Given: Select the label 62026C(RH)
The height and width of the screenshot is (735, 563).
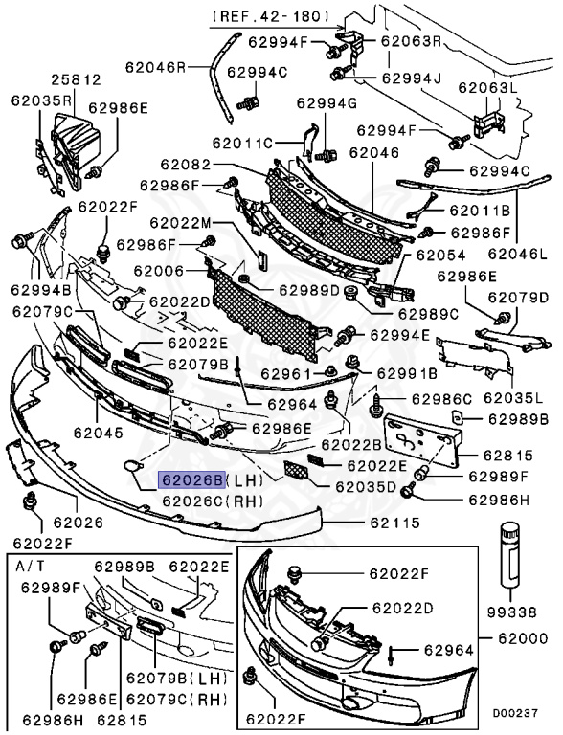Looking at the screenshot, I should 209,500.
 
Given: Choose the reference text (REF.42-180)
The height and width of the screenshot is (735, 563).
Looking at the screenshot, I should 269,16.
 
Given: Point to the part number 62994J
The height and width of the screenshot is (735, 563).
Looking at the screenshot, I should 414,78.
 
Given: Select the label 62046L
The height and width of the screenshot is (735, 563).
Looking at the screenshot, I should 518,255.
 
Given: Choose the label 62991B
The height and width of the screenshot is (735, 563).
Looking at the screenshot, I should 406,373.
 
